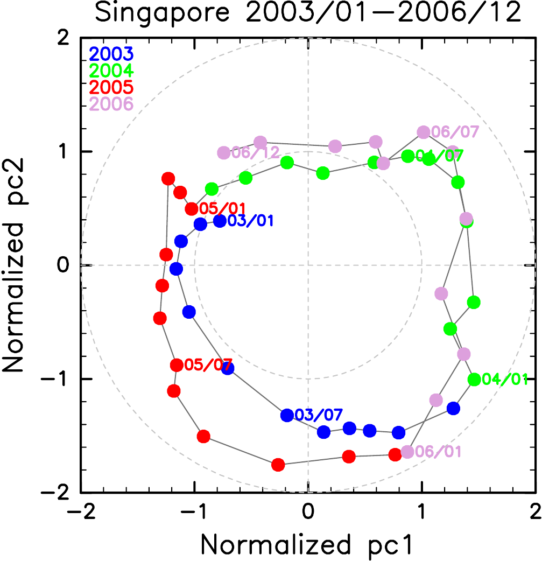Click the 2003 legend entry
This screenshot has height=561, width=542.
coord(111,54)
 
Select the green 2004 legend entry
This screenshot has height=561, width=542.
coord(111,71)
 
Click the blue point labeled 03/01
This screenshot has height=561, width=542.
coord(220,221)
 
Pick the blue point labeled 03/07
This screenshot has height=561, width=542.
coord(287,415)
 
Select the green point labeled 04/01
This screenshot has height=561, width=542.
coord(474,380)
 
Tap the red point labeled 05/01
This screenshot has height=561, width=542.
coord(191,209)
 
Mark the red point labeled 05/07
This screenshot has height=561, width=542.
coord(176,365)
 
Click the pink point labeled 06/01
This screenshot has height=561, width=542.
coord(407,452)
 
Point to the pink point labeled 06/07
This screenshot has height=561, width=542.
coord(423,132)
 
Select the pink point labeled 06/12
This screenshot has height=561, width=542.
coord(223,153)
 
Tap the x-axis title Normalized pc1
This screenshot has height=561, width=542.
coord(307,544)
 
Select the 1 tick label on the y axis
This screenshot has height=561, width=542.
coord(69,152)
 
